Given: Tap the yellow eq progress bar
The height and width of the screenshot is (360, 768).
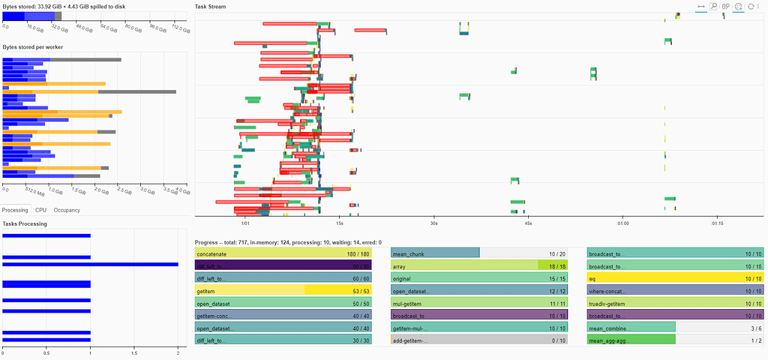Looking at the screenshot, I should (x=676, y=277).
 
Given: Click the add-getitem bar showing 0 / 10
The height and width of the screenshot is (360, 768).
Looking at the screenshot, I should (x=479, y=340).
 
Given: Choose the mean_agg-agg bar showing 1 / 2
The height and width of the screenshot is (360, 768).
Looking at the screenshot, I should (x=676, y=340).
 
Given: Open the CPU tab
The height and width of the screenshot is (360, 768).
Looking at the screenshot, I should (x=40, y=210).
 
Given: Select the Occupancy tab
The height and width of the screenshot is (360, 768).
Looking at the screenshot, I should (x=67, y=210).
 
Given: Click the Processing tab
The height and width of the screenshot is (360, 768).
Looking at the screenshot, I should (x=15, y=210).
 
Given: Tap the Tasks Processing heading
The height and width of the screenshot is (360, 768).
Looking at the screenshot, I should (x=25, y=223).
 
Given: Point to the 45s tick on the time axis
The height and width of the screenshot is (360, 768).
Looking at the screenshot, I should (x=529, y=223).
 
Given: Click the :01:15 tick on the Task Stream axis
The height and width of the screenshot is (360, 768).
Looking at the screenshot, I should (x=717, y=223).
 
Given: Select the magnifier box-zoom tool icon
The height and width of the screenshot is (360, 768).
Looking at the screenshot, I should (x=714, y=6).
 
